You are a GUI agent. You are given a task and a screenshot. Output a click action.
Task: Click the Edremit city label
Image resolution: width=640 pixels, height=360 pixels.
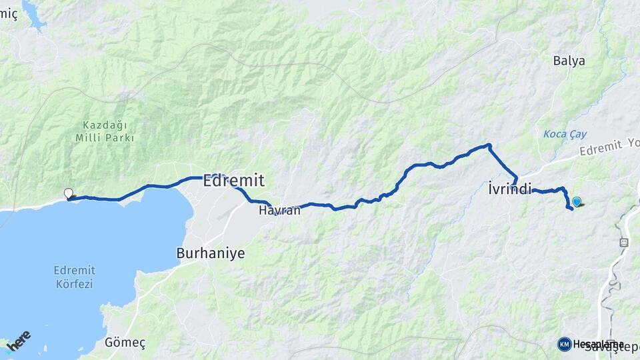point(233,180)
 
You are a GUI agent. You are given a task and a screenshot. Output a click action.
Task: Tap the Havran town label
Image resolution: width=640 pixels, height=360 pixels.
point(280,210)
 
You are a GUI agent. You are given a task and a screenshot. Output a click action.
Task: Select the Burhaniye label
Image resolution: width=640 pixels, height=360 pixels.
point(211,253)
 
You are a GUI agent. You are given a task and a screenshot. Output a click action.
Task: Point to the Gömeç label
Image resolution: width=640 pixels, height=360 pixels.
point(125,343)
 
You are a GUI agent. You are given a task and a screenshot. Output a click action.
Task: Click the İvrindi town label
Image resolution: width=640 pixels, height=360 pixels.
point(509,189)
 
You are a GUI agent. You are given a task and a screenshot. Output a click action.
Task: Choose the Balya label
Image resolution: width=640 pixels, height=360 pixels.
point(569,61)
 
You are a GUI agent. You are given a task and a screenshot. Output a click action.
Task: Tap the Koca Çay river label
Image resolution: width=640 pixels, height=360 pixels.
point(564,134)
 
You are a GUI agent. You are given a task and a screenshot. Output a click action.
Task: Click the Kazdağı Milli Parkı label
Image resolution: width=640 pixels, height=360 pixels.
point(105,131)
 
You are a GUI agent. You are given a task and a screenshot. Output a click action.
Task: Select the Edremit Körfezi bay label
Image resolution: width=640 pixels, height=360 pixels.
point(74,277)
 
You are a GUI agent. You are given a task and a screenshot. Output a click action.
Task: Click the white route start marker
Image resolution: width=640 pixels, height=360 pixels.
point(68,193)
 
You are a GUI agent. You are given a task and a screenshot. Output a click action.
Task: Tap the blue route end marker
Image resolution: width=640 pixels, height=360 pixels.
point(577,201)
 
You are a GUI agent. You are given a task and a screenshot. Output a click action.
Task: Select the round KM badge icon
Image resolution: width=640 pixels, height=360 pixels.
point(565,344)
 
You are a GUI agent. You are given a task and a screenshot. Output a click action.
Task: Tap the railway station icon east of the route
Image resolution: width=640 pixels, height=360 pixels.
point(624,243)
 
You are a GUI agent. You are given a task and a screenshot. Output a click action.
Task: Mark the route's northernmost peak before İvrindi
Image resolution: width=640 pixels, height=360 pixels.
point(489,145)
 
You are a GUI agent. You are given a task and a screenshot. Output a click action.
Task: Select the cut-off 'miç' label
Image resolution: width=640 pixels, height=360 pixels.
point(9,15)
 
